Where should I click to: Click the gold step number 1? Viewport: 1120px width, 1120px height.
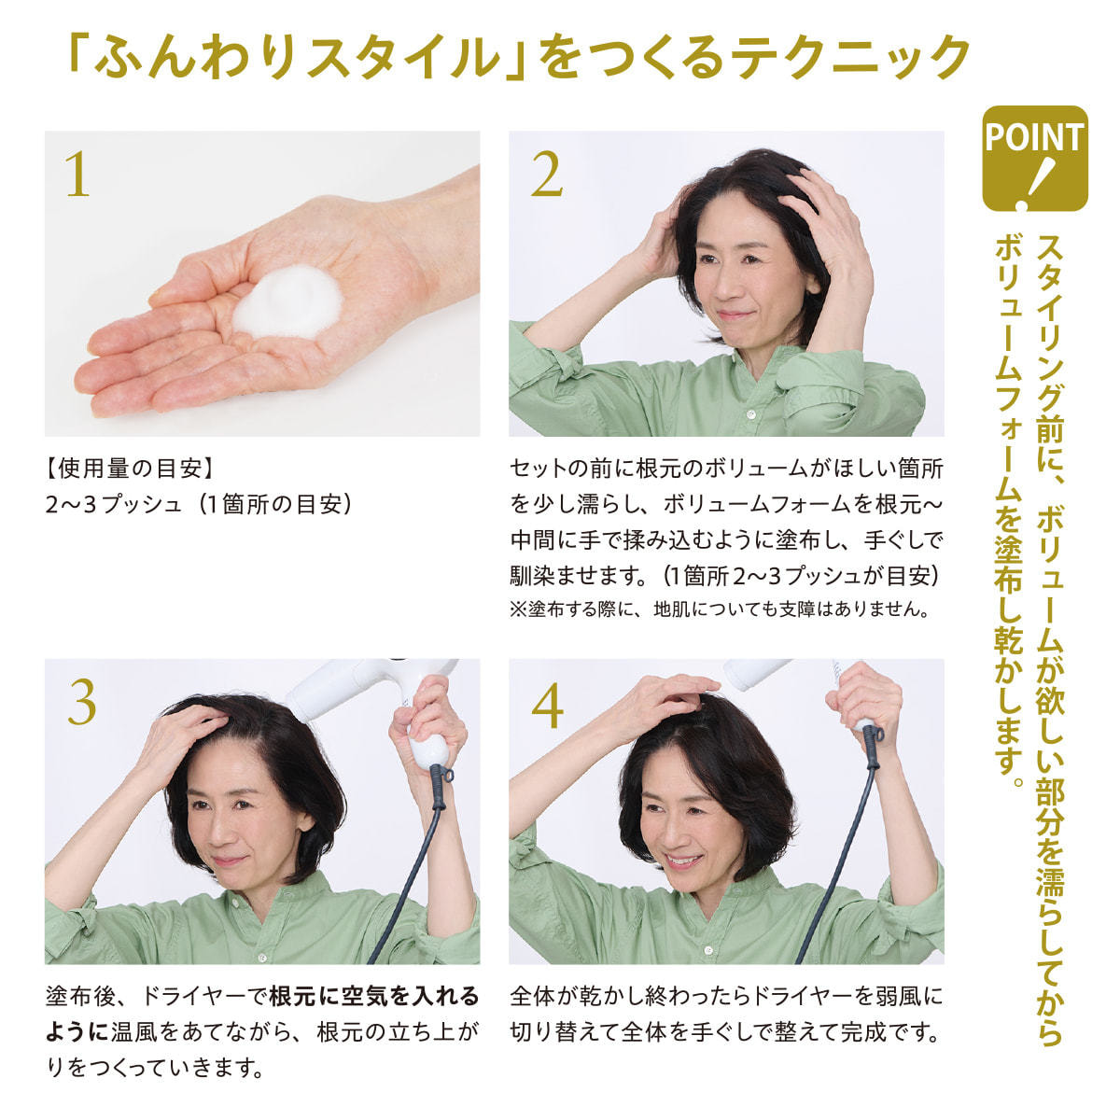click(77, 174)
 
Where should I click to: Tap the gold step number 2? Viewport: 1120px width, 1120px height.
click(546, 174)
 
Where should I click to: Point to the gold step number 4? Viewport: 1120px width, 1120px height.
click(548, 705)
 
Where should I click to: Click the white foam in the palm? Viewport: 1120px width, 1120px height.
click(287, 301)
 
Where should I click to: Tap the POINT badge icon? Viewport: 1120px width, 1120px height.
click(1034, 158)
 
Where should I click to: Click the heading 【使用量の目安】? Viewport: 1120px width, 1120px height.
click(130, 469)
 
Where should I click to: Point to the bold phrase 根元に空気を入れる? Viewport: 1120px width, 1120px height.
click(374, 996)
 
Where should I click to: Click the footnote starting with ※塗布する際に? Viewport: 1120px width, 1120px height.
click(720, 609)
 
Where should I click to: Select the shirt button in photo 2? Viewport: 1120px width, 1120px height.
click(751, 414)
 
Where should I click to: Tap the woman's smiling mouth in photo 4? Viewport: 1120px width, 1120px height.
click(683, 859)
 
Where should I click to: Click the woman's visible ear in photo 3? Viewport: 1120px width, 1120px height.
click(303, 819)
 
